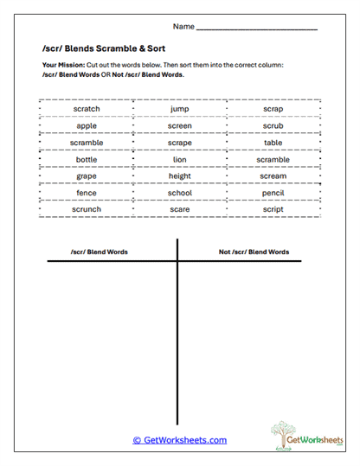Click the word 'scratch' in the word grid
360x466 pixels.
tap(87, 110)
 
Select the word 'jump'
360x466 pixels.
tap(180, 110)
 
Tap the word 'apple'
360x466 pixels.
tap(87, 126)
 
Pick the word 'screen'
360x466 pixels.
tap(180, 126)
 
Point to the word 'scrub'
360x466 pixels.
tap(273, 126)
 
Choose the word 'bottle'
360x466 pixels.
tap(87, 160)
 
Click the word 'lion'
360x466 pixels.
tap(180, 160)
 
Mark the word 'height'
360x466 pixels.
tap(180, 176)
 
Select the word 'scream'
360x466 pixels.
tap(273, 176)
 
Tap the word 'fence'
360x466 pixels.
tap(87, 193)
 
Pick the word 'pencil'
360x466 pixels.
tap(273, 193)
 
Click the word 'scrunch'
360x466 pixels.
tap(87, 209)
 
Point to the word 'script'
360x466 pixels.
tap(273, 209)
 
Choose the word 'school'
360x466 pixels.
tap(180, 193)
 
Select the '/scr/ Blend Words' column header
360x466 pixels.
tap(100, 252)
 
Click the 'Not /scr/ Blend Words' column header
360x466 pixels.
tap(254, 252)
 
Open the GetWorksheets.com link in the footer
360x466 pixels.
tap(180, 440)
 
